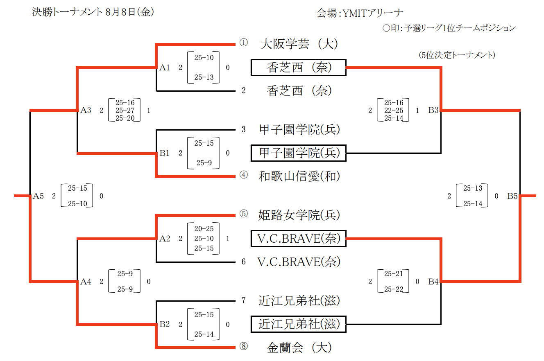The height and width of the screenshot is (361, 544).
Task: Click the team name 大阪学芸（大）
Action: pyautogui.click(x=299, y=44)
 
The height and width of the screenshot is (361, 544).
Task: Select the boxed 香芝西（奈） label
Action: pyautogui.click(x=299, y=68)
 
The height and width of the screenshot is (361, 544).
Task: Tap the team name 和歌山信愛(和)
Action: pyautogui.click(x=299, y=176)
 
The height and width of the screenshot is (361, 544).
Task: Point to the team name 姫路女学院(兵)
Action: pyautogui.click(x=299, y=214)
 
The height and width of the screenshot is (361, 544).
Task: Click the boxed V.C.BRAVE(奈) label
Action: pyautogui.click(x=299, y=239)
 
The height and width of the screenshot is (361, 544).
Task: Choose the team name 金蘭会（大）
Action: pyautogui.click(x=299, y=348)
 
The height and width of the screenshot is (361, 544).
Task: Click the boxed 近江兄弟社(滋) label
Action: pyautogui.click(x=299, y=324)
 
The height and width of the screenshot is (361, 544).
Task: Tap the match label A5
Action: pyautogui.click(x=38, y=196)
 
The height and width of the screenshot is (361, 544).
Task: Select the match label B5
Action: pyautogui.click(x=512, y=196)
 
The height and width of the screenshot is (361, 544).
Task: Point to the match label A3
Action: pyautogui.click(x=86, y=110)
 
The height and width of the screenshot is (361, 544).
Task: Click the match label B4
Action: pyautogui.click(x=434, y=281)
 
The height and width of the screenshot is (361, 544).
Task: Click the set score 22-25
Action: pyautogui.click(x=394, y=111)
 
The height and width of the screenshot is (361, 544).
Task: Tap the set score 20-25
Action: pyautogui.click(x=204, y=229)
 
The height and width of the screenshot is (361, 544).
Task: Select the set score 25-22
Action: pyautogui.click(x=394, y=289)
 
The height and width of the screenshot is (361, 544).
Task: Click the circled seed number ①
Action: pyautogui.click(x=243, y=43)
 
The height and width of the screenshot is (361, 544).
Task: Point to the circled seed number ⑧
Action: pyautogui.click(x=243, y=347)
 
